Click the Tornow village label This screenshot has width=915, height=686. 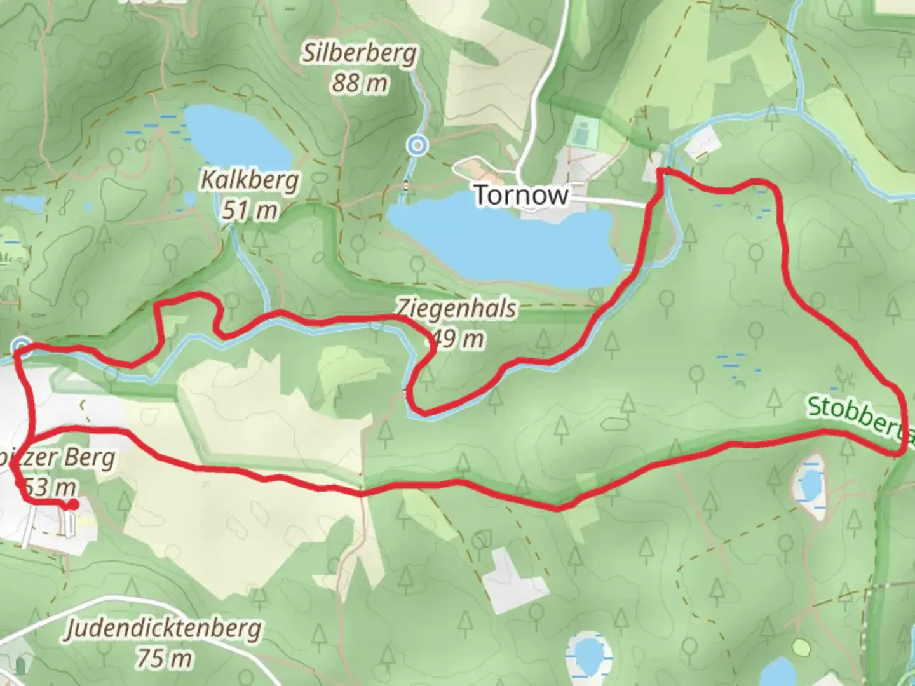pos(521,195)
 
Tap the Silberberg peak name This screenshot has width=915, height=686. pos(359,54)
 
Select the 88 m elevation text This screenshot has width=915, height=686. pos(359,83)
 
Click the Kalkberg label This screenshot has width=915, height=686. pos(250,180)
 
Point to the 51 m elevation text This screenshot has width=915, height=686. pos(250,210)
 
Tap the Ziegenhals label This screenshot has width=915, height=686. pos(457,309)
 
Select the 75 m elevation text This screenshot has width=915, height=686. pos(164,658)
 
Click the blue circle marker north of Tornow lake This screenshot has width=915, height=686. pos(417,145)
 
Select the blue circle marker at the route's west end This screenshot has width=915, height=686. pos(22,346)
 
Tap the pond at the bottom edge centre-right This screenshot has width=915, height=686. pos(588,654)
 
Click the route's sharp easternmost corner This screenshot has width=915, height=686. pos(901,452)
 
